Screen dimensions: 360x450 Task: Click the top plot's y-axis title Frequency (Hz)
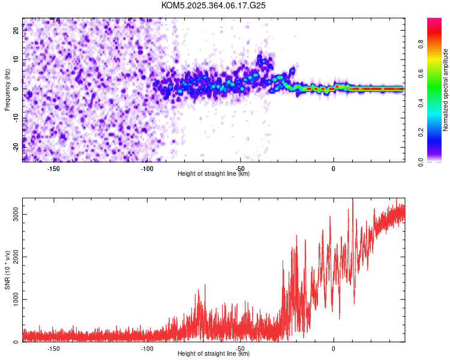(x=7, y=89)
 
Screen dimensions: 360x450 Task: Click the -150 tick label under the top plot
(x=53, y=169)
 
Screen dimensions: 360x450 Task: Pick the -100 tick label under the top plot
(x=146, y=169)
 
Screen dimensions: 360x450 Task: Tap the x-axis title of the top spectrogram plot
(x=214, y=174)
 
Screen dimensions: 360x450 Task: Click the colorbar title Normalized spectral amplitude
(x=445, y=90)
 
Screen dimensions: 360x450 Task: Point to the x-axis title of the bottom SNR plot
(x=214, y=354)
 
